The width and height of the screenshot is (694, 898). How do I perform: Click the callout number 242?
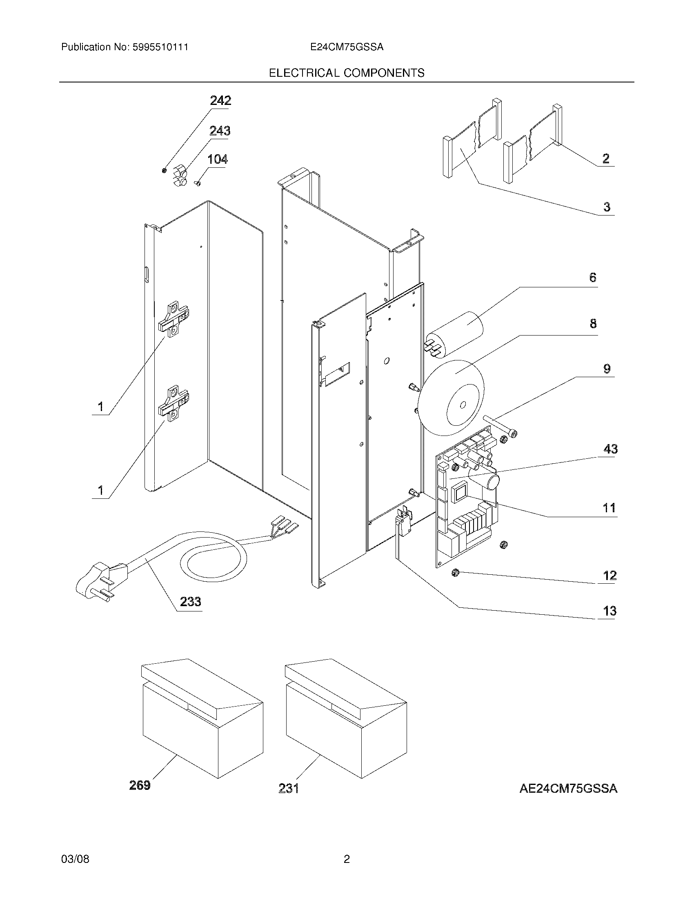[220, 100]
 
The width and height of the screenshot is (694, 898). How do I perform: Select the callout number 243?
[220, 131]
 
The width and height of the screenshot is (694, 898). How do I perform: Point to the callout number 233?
[190, 602]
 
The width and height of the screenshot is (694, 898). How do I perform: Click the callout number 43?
[610, 449]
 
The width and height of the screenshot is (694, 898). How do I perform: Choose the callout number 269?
[140, 785]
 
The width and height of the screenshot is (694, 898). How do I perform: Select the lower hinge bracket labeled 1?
[174, 402]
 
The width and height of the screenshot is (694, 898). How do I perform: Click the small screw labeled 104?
[197, 183]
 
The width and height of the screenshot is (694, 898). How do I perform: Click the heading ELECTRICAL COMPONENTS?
[347, 73]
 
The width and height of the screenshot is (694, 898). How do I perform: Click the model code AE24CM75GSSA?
[568, 789]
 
